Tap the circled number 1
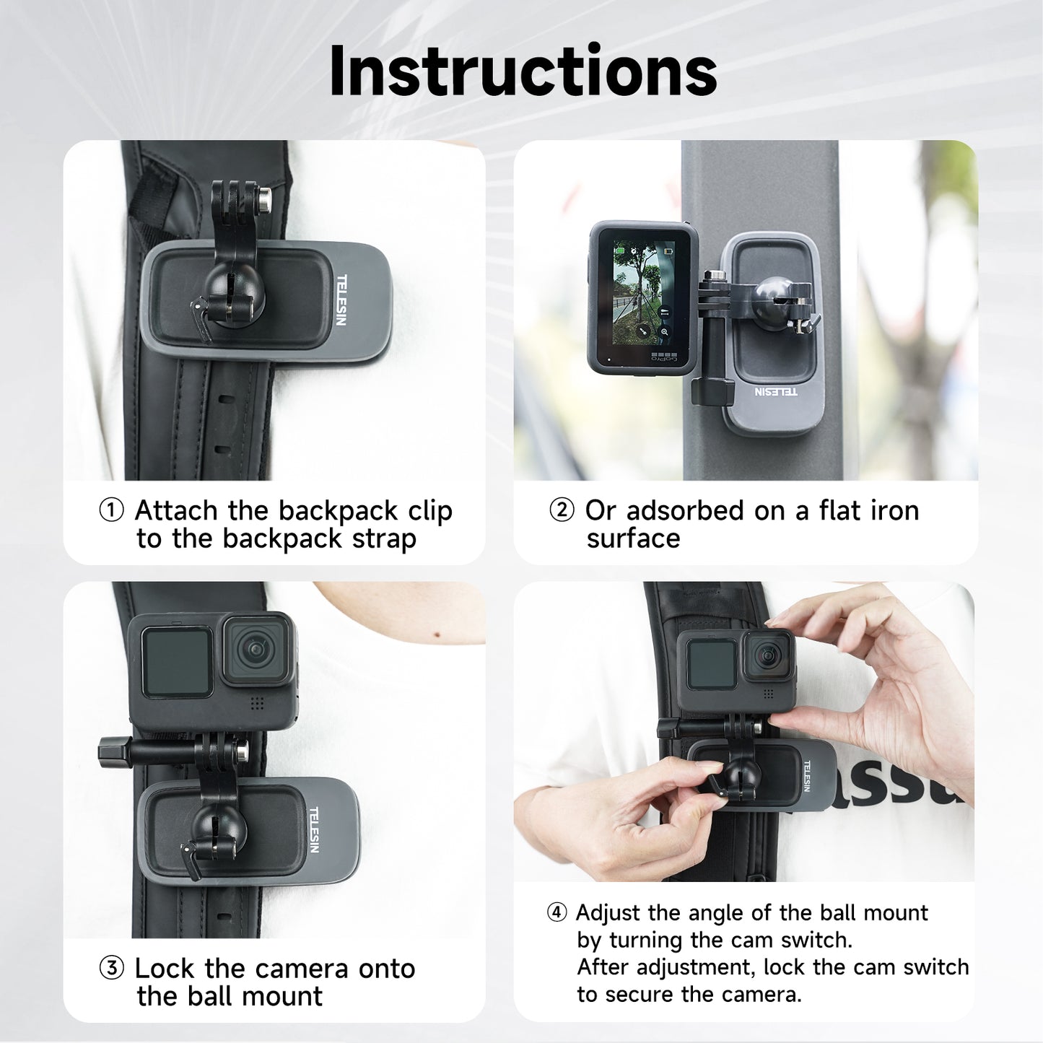[x=111, y=510]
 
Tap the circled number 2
[x=562, y=510]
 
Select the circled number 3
[x=111, y=968]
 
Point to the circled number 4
[x=557, y=913]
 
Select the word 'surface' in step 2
[x=633, y=539]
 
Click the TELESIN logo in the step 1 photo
[x=341, y=300]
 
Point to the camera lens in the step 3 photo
[x=256, y=650]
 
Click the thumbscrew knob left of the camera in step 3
[x=110, y=751]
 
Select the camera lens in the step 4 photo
[x=767, y=655]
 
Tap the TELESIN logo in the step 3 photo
[x=313, y=829]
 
